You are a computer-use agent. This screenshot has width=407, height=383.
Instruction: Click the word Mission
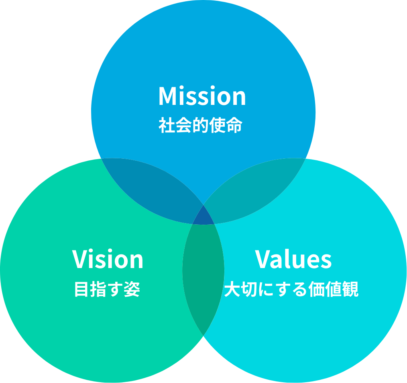coord(202,96)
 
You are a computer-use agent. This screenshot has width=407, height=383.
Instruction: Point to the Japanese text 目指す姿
coord(107,289)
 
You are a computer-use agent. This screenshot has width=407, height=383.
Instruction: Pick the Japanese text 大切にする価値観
coord(291,289)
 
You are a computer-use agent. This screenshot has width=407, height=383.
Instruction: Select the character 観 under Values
coord(350,289)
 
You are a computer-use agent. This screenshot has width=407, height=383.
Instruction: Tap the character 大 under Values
coord(232,289)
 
